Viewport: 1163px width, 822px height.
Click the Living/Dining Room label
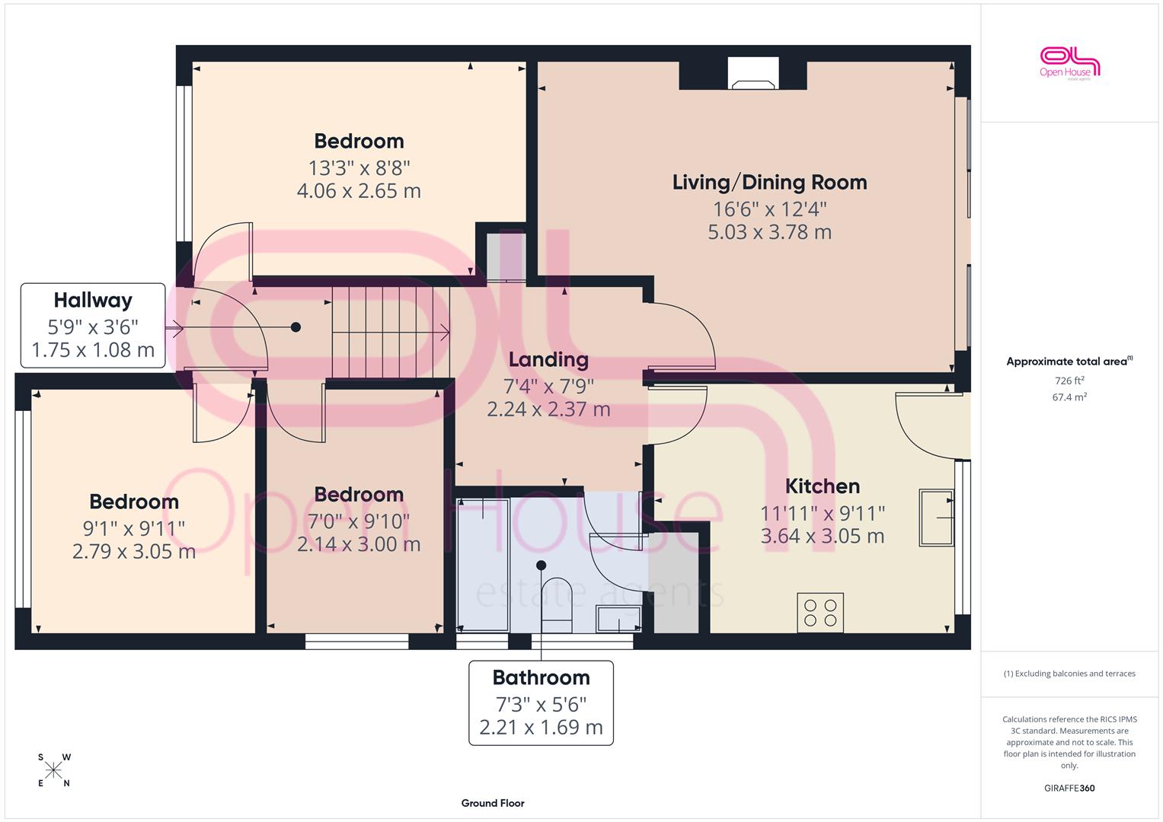point(769,183)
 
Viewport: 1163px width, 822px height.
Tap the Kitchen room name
point(823,486)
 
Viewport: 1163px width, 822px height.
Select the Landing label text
point(548,359)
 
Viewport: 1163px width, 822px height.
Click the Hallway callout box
point(93,326)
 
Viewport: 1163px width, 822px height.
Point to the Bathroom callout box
point(541,703)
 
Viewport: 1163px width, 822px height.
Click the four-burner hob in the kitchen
point(820,613)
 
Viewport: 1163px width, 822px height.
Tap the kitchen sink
point(937,518)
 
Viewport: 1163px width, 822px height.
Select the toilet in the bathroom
point(557,605)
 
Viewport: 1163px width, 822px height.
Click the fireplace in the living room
point(753,73)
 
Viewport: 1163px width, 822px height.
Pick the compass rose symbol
point(53,770)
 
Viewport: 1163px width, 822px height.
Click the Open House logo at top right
point(1069,63)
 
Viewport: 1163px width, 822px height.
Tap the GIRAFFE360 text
point(1069,788)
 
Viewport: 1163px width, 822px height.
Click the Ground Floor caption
point(493,803)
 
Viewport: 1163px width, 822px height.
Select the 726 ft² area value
point(1069,381)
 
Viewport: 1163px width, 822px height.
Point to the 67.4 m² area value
point(1069,397)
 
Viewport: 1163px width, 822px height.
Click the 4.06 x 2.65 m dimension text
point(359,191)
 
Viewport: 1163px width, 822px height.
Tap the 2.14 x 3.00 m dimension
point(359,544)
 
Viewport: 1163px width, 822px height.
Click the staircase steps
point(391,332)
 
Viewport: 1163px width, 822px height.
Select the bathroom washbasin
point(618,619)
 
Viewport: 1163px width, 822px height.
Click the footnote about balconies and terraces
point(1069,674)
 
